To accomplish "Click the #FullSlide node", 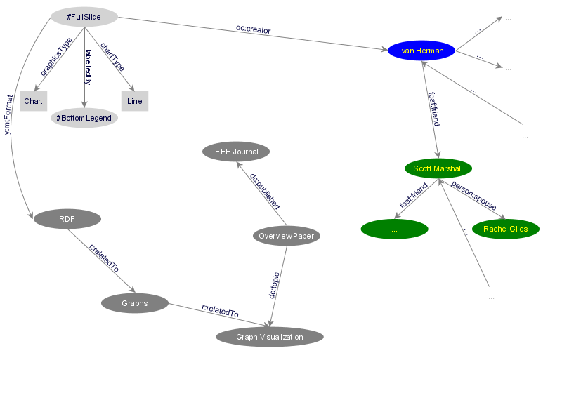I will point(84,16).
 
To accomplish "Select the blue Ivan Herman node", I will point(421,51).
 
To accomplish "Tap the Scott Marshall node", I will point(438,168).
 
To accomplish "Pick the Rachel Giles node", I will point(505,229).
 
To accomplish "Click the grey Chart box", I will point(33,101).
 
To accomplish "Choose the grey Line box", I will point(135,101).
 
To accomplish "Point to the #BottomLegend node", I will point(84,118).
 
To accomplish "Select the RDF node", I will point(67,219).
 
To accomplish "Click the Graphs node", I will point(135,303).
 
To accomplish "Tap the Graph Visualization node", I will point(270,337).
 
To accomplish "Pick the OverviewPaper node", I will point(286,236).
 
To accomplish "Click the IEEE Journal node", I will point(235,152).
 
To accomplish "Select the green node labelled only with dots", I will point(394,229).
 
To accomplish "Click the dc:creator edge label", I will point(253,30).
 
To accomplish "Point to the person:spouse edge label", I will point(473,196).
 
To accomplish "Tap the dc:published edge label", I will point(266,192).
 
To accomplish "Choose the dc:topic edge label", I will point(275,285).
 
